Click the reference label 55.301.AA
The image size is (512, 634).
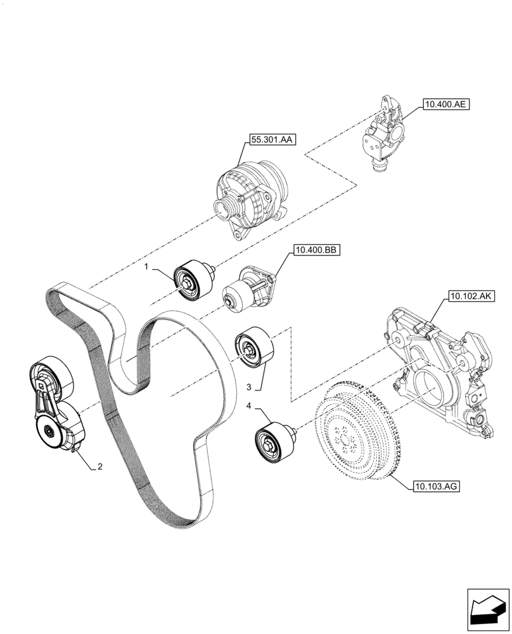(272, 140)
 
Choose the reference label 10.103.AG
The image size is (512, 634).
(435, 487)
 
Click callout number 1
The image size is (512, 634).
(146, 268)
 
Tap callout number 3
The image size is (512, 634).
(249, 386)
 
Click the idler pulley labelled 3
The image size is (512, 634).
(253, 348)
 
